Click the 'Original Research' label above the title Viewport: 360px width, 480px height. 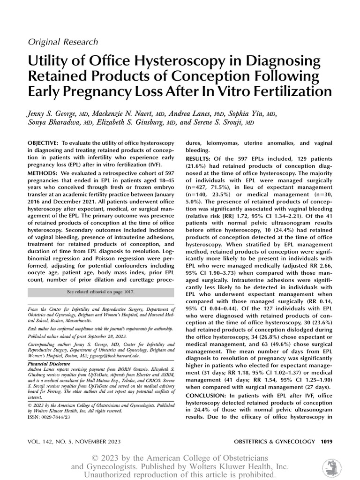(x=63, y=42)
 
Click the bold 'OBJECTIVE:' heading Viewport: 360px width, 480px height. (x=43, y=142)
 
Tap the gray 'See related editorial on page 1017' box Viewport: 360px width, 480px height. (x=101, y=292)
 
